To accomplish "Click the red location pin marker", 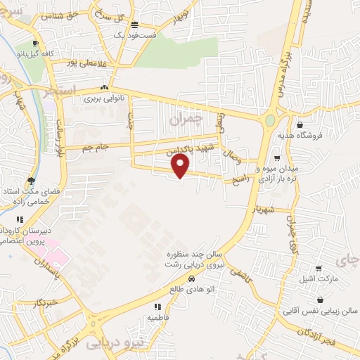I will pyautogui.click(x=181, y=166).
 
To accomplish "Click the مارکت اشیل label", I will pyautogui.click(x=321, y=280).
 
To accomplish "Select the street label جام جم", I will pyautogui.click(x=96, y=146).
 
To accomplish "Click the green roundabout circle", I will pyautogui.click(x=270, y=120).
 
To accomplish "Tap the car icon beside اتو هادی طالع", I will pyautogui.click(x=173, y=279).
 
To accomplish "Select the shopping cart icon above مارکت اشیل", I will pyautogui.click(x=320, y=268).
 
